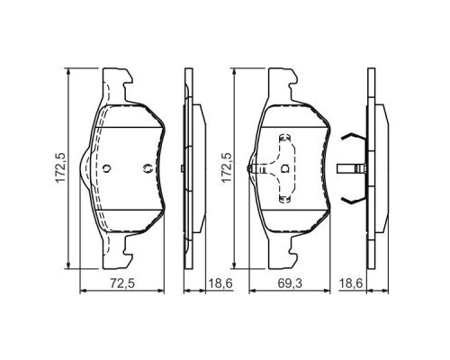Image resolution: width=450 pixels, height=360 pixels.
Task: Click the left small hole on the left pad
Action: click(106, 167)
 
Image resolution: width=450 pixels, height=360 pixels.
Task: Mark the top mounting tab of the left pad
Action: click(119, 82)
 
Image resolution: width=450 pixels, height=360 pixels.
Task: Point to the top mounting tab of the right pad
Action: click(288, 82)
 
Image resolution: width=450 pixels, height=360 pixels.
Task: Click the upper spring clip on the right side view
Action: click(352, 139)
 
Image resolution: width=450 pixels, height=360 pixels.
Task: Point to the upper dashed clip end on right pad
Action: click(284, 139)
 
